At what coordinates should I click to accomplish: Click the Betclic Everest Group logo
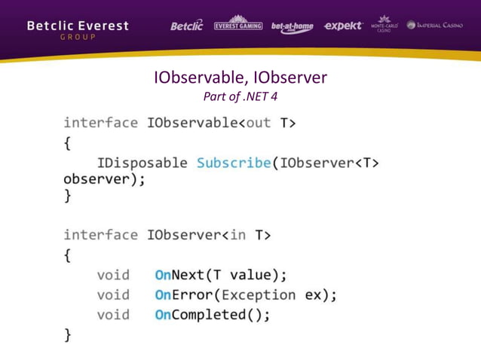pos(78,30)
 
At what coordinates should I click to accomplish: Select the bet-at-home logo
pos(292,27)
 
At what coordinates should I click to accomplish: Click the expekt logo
pos(342,26)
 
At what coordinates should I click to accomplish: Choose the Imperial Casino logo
pos(438,26)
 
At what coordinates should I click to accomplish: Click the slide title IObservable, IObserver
pos(240,78)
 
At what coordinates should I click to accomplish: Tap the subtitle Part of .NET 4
pos(240,96)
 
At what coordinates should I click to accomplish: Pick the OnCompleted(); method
pos(212,315)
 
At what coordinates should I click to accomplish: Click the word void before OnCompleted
pos(113,315)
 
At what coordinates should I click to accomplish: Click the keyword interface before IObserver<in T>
pos(100,235)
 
